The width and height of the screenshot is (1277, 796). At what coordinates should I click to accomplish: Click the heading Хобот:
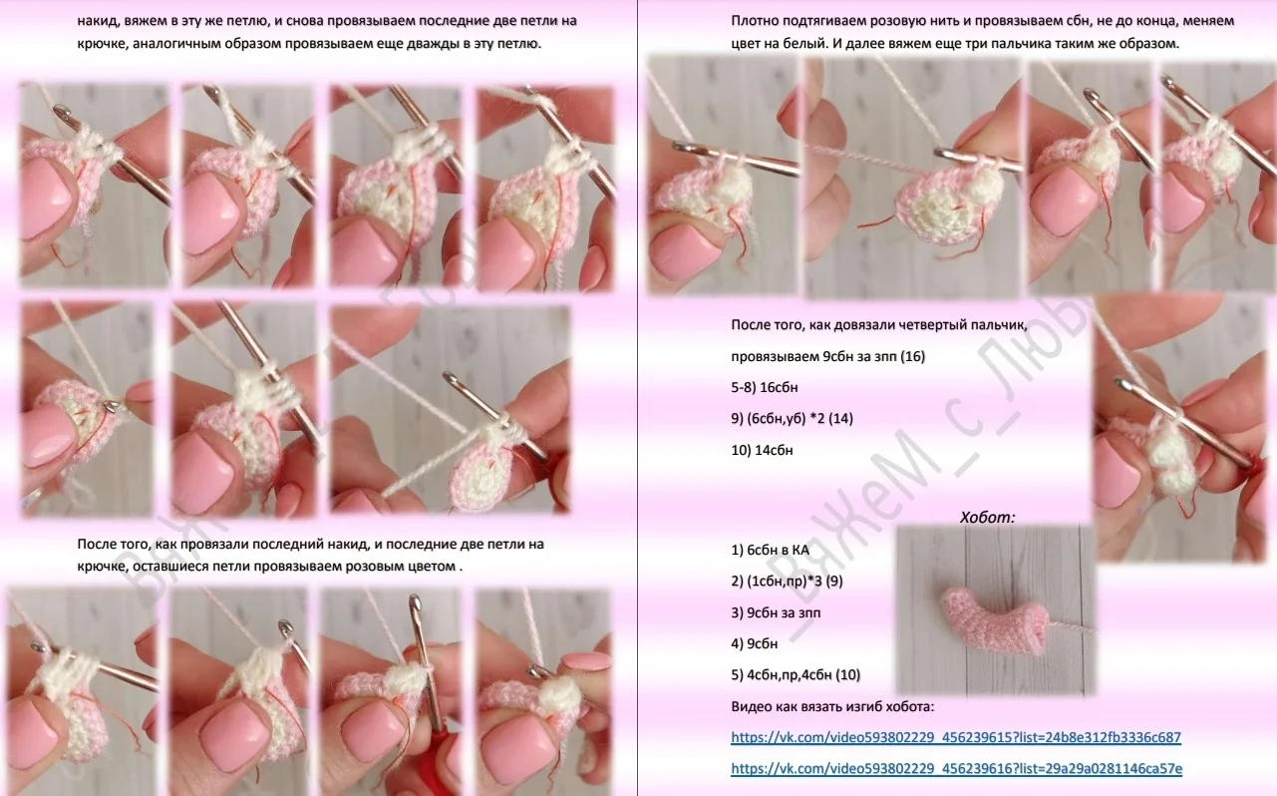pos(987,518)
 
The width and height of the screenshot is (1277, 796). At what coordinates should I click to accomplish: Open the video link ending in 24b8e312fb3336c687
pos(955,737)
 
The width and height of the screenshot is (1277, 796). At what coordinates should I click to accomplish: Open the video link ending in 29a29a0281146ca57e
pos(957,769)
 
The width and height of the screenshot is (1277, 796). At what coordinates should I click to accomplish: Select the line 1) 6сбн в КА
pos(770,550)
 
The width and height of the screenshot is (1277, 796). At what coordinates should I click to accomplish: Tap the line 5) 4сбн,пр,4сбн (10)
pos(796,675)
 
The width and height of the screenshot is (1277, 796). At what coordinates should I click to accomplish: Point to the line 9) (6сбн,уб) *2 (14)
pos(792,419)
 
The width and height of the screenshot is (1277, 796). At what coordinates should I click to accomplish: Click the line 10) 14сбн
pos(762,450)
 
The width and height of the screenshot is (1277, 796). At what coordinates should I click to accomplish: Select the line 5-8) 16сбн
pos(765,387)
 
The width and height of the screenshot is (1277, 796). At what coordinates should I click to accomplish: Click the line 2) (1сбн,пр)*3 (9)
pos(787,582)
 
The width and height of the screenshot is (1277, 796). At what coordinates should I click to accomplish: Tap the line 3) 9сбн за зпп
pos(776,612)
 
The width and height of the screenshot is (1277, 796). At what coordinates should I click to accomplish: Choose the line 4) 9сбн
pos(755,643)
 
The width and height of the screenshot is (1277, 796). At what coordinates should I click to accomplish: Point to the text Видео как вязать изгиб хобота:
pos(832,706)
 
